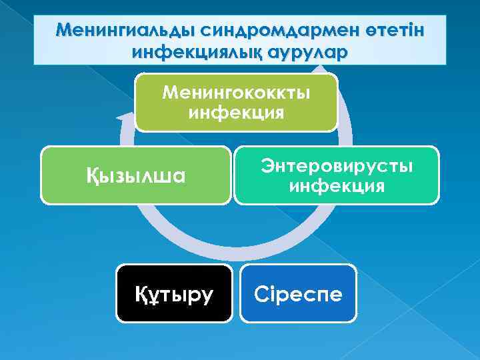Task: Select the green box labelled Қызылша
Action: tap(136, 175)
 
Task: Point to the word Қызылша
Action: tap(136, 176)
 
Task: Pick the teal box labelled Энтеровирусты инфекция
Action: tap(337, 175)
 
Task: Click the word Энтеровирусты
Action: tap(337, 165)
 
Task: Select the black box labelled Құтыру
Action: tap(175, 293)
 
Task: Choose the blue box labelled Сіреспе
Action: tap(298, 293)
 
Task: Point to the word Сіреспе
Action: tap(298, 294)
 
